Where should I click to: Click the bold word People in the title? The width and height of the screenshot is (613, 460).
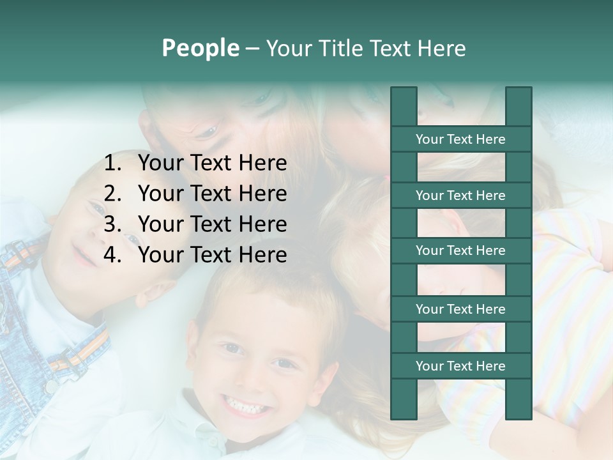[x=201, y=49]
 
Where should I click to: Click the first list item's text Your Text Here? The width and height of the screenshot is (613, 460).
[x=212, y=164]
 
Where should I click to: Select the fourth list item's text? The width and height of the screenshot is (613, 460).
[x=212, y=255]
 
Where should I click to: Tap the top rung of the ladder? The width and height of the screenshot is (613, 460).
[x=460, y=139]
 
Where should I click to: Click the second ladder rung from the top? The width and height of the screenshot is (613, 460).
[x=460, y=195]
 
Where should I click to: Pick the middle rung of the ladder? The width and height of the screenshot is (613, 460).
[x=460, y=251]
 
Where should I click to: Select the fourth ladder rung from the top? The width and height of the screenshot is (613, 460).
[x=460, y=309]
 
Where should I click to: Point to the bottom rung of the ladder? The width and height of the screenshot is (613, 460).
[x=460, y=366]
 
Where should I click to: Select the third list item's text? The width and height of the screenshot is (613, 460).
[x=212, y=224]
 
